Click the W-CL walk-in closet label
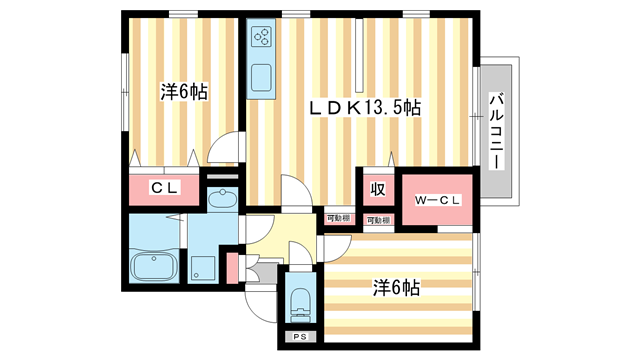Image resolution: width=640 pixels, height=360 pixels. click(x=437, y=200)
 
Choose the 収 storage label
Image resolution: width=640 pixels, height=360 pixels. click(x=376, y=188)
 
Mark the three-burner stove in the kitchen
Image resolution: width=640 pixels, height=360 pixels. click(x=263, y=38)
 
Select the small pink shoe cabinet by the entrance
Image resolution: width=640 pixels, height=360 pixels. click(x=233, y=268)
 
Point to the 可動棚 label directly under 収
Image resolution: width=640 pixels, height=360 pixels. click(x=377, y=219)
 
